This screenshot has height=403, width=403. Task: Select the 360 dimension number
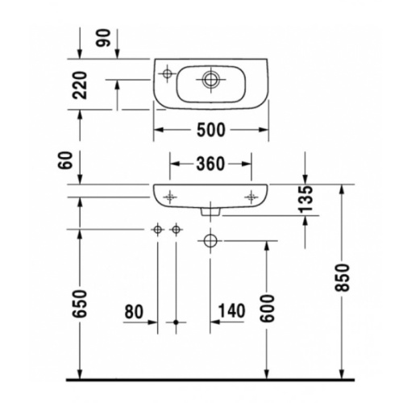(x=210, y=164)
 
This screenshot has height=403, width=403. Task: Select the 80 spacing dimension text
(x=134, y=310)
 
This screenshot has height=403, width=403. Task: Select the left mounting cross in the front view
(x=170, y=196)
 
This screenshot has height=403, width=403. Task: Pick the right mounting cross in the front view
(x=251, y=196)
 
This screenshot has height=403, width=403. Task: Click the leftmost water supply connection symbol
(x=158, y=231)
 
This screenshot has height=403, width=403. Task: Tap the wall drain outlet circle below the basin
(x=211, y=240)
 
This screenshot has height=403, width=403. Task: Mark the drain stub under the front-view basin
(x=210, y=213)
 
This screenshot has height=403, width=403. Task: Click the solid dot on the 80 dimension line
(x=177, y=322)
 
